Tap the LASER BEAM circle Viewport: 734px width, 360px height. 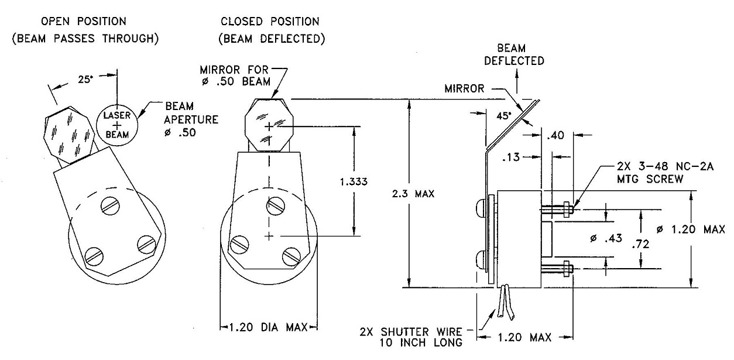click(x=116, y=124)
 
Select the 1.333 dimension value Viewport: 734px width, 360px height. click(x=354, y=181)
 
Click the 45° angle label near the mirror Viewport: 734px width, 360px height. click(x=504, y=115)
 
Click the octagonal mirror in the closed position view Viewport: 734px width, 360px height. click(x=268, y=126)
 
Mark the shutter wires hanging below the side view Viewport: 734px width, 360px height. click(x=504, y=301)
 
